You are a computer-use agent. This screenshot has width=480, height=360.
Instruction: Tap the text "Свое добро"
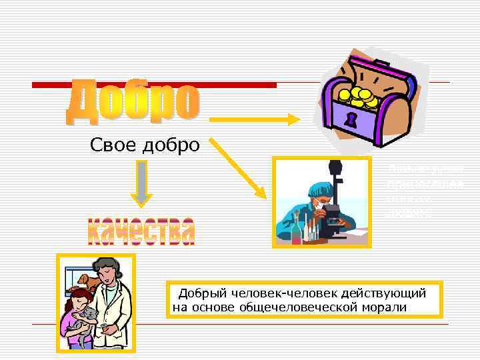[x=145, y=145]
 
